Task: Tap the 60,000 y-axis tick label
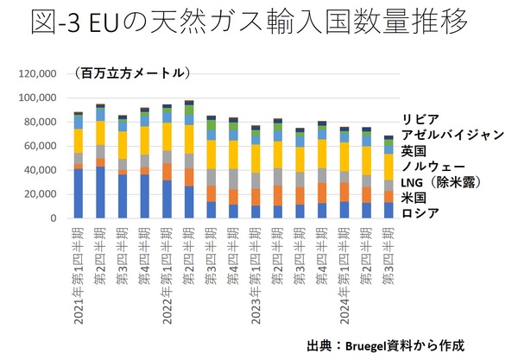[39, 147]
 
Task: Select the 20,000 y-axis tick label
[39, 195]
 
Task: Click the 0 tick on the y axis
[52, 219]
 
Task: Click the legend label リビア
[420, 119]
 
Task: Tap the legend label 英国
[414, 150]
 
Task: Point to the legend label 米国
[414, 197]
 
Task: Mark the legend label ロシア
[420, 212]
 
